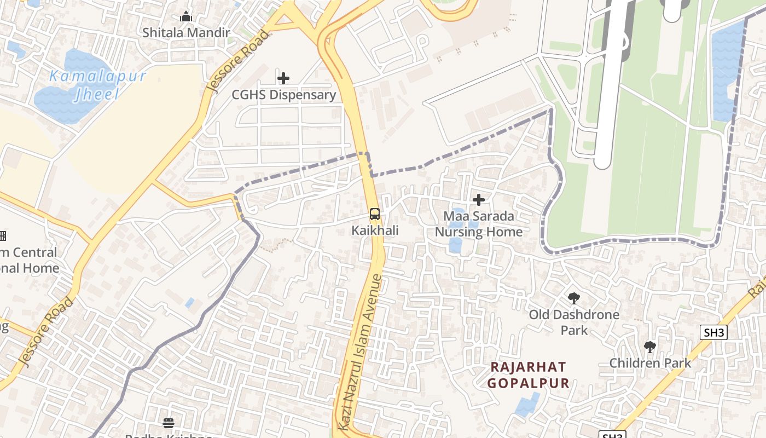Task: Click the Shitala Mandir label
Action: [186, 32]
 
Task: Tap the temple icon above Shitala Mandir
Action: [186, 16]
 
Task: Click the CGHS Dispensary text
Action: [283, 95]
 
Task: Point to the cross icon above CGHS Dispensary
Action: [283, 78]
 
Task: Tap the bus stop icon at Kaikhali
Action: [374, 214]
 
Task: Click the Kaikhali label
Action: [375, 230]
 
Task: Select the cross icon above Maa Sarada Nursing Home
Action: [479, 200]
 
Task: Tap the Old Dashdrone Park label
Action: [574, 322]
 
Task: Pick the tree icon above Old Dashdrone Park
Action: [574, 298]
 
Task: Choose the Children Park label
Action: [650, 363]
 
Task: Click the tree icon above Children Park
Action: [650, 347]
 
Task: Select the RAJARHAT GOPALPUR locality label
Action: [529, 375]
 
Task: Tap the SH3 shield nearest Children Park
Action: [713, 332]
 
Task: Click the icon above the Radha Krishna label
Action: [168, 423]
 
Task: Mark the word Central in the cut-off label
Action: [34, 252]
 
